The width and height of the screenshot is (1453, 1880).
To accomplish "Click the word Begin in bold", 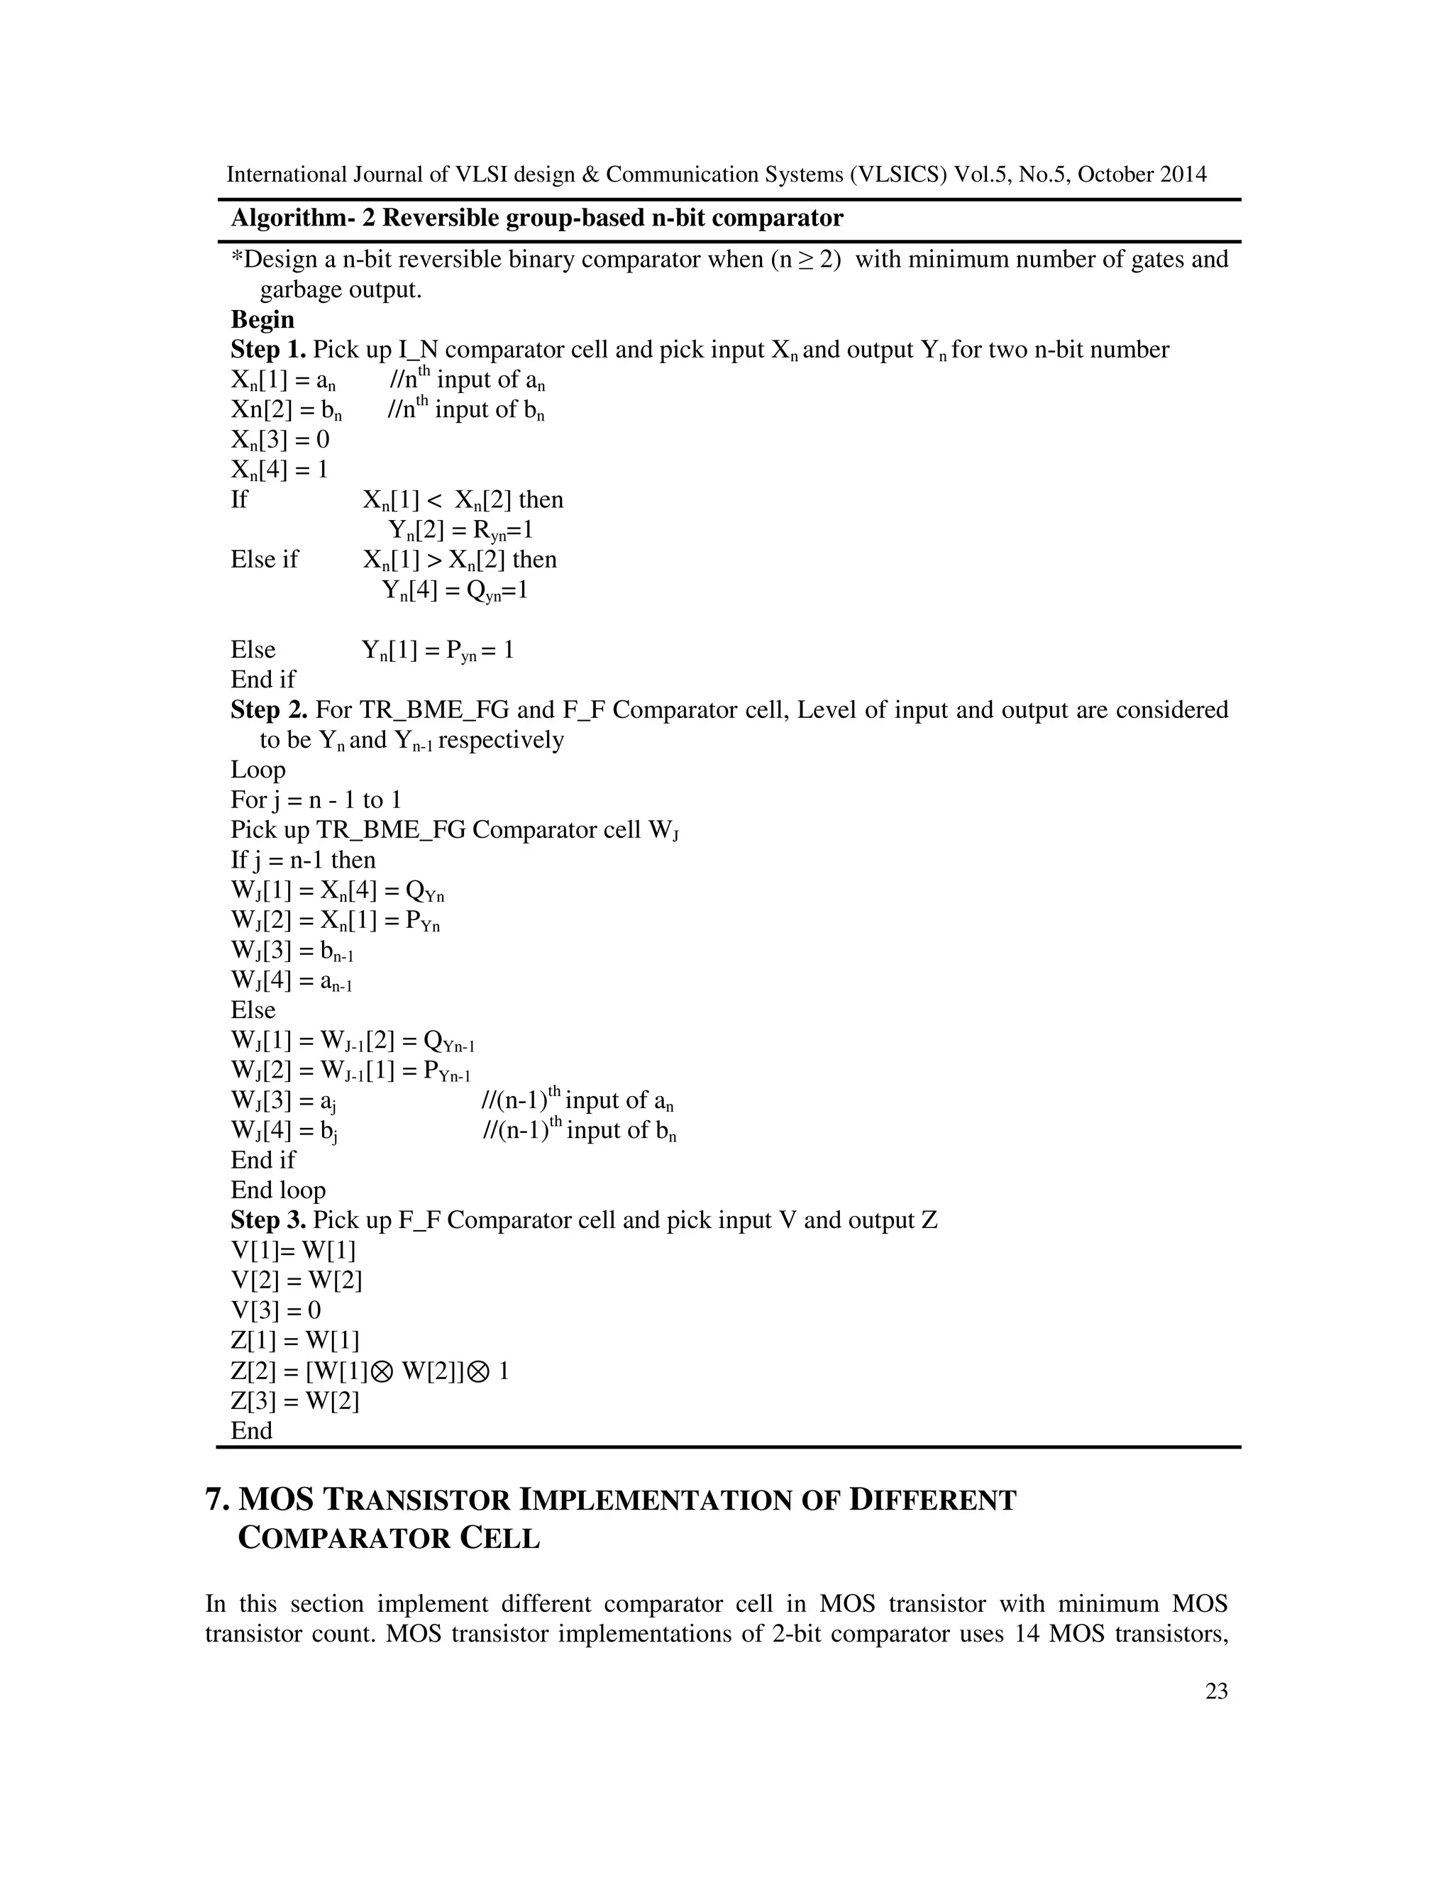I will [262, 319].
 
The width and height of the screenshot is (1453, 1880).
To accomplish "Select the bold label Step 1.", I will [267, 350].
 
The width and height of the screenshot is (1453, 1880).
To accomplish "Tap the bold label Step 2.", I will [269, 709].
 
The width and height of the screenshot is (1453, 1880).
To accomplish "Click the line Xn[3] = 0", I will [280, 440].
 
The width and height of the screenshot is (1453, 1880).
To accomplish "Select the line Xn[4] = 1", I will [280, 470].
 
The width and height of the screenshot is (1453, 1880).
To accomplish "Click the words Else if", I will [263, 560].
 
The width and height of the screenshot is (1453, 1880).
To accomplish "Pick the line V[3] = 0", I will [275, 1310].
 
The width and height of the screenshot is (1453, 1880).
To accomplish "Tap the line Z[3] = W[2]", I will [294, 1400].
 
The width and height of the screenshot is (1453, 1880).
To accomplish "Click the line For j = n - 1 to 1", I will [315, 800].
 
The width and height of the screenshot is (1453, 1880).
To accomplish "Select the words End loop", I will [277, 1190].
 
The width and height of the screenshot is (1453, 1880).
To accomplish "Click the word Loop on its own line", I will [258, 770].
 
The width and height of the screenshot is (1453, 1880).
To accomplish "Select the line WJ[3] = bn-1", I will [292, 951].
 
